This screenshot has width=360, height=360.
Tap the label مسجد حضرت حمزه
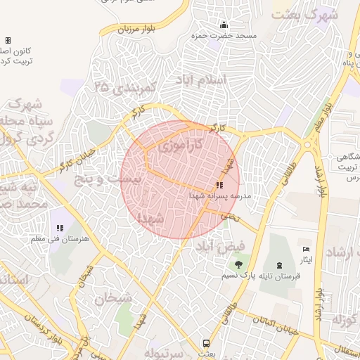click(x=226, y=35)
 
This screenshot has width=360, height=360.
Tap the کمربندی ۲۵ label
click(x=124, y=89)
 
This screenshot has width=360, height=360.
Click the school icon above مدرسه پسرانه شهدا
click(x=210, y=185)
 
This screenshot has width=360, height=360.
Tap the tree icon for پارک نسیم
click(x=239, y=264)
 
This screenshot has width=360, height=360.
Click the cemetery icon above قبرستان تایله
click(x=281, y=265)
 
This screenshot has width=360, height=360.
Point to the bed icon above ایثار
click(x=305, y=250)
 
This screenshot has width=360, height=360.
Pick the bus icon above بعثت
click(x=206, y=343)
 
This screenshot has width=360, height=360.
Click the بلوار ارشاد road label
click(x=321, y=181)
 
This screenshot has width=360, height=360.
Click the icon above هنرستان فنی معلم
click(x=60, y=229)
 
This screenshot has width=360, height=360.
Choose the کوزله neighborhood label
click(x=344, y=321)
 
